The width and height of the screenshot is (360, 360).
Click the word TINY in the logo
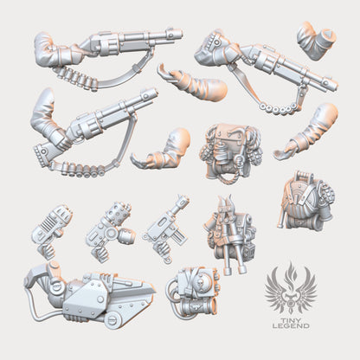pos(291,320)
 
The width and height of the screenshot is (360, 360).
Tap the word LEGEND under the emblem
pos(291,326)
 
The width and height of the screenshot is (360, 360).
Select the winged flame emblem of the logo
pos(291,289)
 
